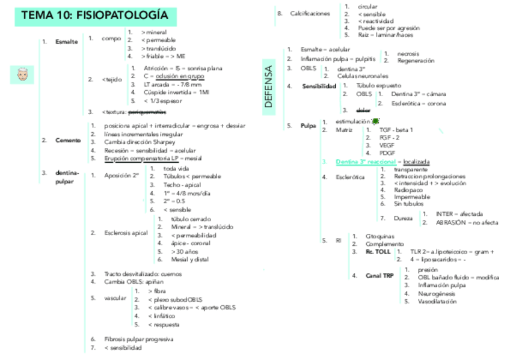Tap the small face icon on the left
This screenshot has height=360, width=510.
coord(22,75)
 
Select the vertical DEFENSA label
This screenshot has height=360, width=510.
coord(269,87)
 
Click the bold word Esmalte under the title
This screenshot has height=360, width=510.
coord(66,42)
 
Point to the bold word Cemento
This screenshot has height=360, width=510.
coord(68,140)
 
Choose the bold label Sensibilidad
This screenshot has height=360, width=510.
coord(319,86)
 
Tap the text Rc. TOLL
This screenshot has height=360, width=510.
coord(378,252)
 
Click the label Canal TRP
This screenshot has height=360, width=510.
coord(379,276)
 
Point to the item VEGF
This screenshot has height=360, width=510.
coord(387,145)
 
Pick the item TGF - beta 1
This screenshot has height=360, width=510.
coord(396,130)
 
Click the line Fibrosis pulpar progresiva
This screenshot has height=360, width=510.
coord(138,339)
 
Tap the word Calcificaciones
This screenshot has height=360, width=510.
coord(310,13)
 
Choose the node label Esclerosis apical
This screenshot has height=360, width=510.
coord(126,233)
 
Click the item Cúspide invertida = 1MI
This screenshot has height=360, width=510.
coord(176,92)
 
